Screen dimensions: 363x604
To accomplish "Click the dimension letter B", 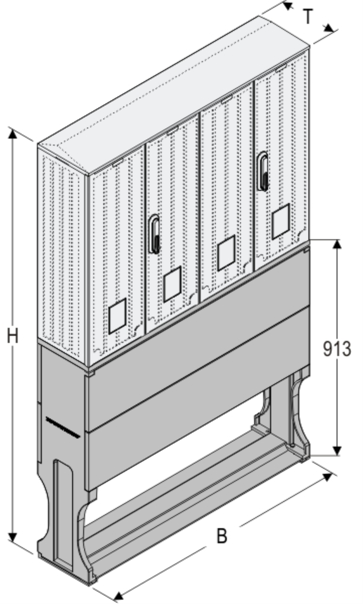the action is click(x=222, y=536).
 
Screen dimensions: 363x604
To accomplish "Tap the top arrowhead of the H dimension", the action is click(x=12, y=134).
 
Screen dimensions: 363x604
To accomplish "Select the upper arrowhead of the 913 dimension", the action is click(x=337, y=244).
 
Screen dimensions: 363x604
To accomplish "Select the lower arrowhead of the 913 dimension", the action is click(x=337, y=450).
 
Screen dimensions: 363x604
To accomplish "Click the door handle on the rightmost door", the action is click(x=263, y=171).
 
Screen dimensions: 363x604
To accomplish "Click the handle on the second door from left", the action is click(x=154, y=234).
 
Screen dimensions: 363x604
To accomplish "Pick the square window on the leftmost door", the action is click(x=117, y=316).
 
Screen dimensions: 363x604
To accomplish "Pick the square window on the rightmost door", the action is click(x=280, y=221).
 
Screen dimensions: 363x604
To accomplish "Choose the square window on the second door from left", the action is click(x=172, y=284).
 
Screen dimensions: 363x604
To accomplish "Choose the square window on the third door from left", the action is click(x=226, y=253).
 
